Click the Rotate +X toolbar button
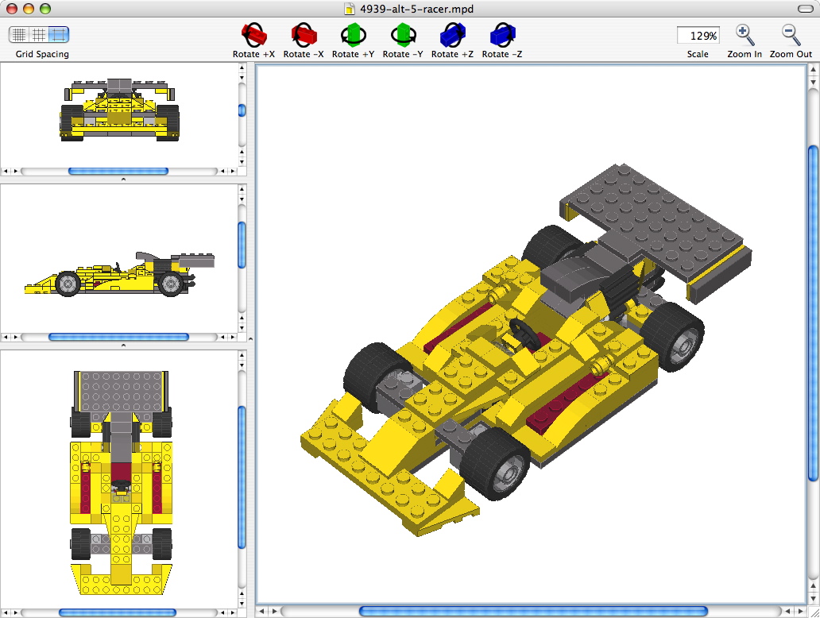coord(253,35)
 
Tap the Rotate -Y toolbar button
coord(402,35)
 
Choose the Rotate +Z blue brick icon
coord(452,35)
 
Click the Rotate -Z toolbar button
coord(502,35)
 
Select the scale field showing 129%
coord(698,36)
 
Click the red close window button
coord(12,9)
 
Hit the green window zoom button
coord(45,9)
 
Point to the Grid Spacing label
coord(42,54)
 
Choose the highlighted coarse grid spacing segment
coord(59,35)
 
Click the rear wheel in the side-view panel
coord(169,284)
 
